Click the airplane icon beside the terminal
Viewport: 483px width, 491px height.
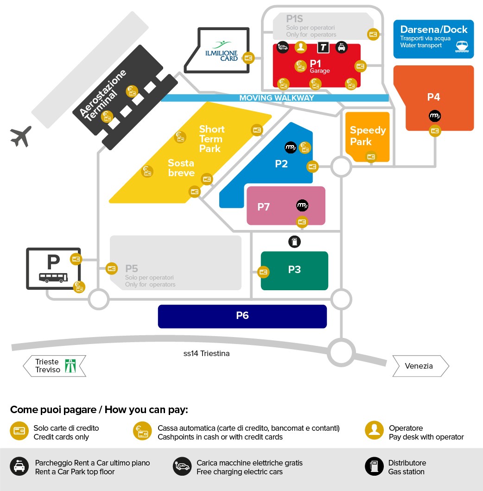(21, 136)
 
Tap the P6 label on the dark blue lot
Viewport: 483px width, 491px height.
(242, 315)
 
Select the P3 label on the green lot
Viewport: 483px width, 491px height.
(294, 269)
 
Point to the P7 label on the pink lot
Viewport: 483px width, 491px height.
(263, 207)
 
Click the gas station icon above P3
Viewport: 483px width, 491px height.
(294, 242)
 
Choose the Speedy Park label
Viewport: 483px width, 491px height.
(368, 135)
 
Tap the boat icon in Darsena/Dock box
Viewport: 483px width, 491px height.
(462, 46)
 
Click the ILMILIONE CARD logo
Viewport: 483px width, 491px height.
(221, 51)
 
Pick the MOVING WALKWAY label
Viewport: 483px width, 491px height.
(277, 98)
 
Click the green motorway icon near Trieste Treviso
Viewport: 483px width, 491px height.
(70, 366)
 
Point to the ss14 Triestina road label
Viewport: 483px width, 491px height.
(206, 354)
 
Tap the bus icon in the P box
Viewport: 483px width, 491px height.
(53, 277)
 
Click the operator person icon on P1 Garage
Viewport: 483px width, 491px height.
(300, 47)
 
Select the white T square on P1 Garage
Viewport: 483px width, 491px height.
(324, 48)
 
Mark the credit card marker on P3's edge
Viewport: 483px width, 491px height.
(263, 272)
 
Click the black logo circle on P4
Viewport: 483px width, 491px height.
(435, 116)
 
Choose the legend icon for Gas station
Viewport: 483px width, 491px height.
(375, 466)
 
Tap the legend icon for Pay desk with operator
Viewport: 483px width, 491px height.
(375, 430)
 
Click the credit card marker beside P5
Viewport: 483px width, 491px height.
(111, 268)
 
